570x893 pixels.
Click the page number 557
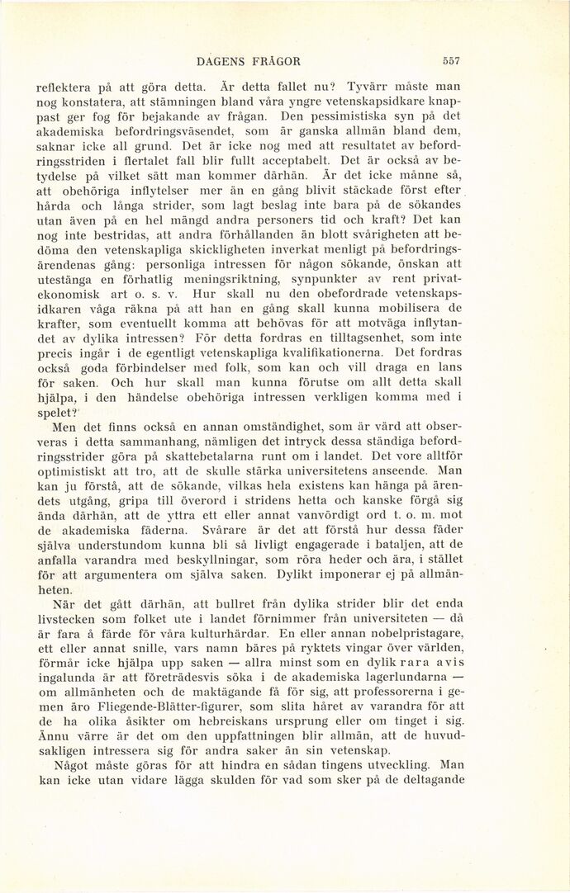(450, 61)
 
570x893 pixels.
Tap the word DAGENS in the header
(223, 61)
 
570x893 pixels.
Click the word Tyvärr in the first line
(368, 86)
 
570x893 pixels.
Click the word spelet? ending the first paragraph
(58, 413)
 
